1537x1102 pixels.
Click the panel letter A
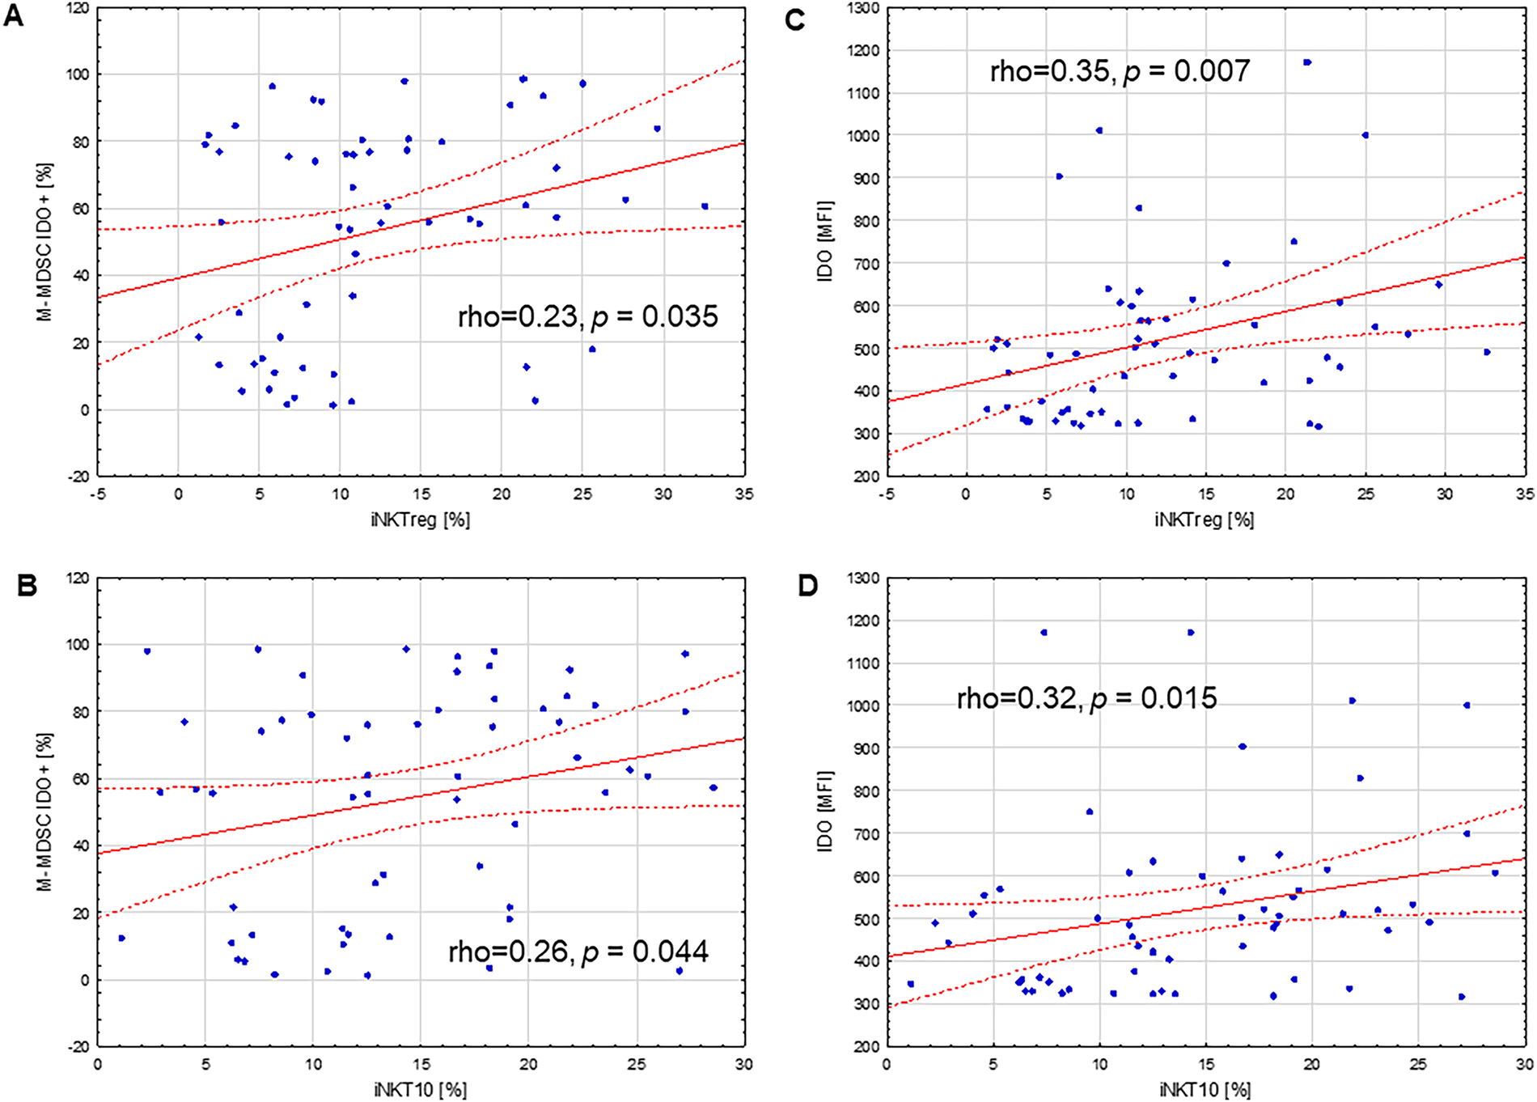coord(14,16)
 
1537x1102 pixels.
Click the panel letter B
coord(27,585)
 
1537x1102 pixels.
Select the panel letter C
coord(795,19)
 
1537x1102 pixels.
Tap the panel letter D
coord(808,586)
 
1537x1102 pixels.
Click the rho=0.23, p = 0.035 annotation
coord(587,316)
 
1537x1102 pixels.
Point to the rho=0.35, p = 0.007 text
coord(1120,71)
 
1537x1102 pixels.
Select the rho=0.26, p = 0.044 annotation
coord(578,952)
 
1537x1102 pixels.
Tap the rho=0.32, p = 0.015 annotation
coord(1086,698)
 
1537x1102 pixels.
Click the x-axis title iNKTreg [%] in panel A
coord(421,519)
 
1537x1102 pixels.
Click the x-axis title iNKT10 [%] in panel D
coord(1205,1089)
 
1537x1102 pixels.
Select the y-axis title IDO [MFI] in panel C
coord(825,241)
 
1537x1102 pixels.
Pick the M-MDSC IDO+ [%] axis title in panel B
coord(45,812)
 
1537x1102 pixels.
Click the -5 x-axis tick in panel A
coord(97,494)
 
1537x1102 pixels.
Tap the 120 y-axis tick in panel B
coord(77,579)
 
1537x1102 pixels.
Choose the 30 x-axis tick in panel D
coord(1525,1064)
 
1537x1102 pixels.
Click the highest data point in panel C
coord(1307,62)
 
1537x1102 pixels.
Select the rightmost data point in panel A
coord(705,206)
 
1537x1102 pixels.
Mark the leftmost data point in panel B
coord(121,938)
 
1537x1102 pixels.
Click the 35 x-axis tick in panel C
coord(1525,494)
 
